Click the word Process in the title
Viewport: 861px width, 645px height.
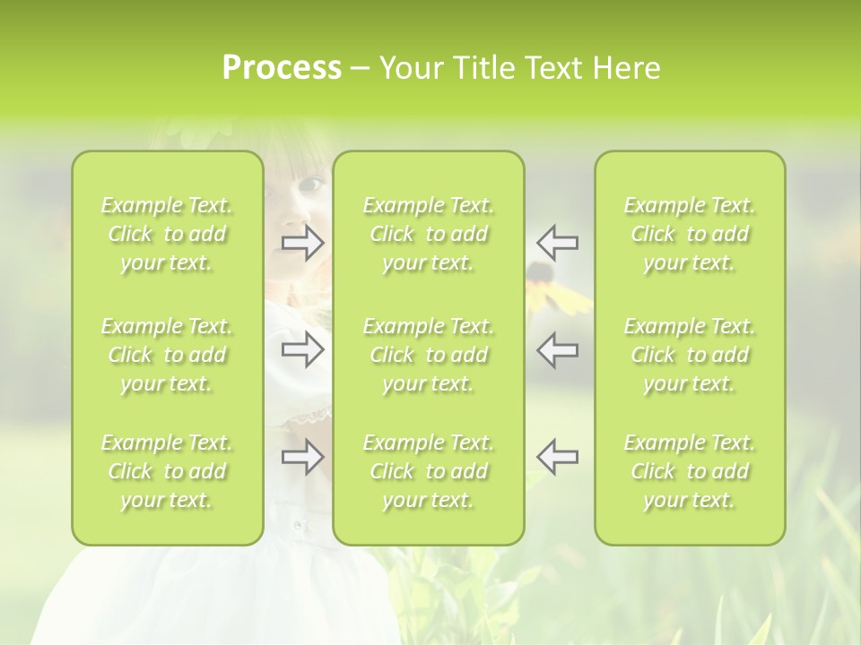(x=282, y=68)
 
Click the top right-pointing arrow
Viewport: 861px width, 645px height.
(x=303, y=243)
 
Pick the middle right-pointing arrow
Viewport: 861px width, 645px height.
(x=303, y=350)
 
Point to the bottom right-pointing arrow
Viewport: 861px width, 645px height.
(x=303, y=456)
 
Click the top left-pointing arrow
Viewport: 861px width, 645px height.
(x=557, y=243)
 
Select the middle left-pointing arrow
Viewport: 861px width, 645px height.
(x=557, y=350)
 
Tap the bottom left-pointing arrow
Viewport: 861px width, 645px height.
(x=557, y=456)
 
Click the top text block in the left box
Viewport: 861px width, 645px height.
(x=167, y=234)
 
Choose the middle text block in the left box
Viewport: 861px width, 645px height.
(x=167, y=355)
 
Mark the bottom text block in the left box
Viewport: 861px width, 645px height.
(x=167, y=471)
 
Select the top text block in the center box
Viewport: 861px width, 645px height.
(x=429, y=234)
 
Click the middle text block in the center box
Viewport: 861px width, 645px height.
(x=429, y=355)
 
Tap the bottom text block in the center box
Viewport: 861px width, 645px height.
(x=429, y=471)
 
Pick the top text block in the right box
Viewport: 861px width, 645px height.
(x=690, y=234)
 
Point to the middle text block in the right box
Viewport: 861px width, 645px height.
(x=690, y=355)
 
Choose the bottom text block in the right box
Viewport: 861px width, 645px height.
(x=690, y=471)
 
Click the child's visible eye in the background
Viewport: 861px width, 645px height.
(x=311, y=184)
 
